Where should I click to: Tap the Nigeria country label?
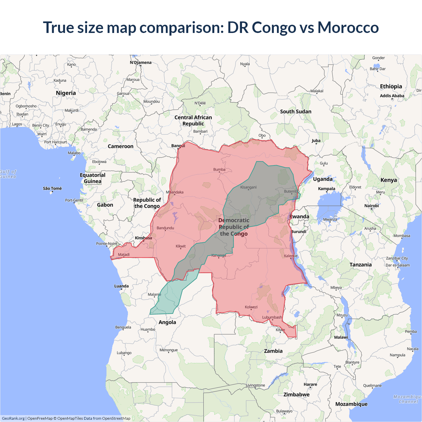coord(66,93)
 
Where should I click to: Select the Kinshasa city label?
coord(143,238)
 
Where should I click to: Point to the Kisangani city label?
coord(248,187)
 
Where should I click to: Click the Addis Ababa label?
coord(392,96)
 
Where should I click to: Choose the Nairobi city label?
coord(372,206)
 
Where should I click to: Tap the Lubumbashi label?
coord(272,317)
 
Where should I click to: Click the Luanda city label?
coord(121,286)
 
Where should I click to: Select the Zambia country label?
coord(273,351)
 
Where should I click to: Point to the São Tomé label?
coord(52,188)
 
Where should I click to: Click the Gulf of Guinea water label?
coord(8,174)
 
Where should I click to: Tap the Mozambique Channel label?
coord(407,399)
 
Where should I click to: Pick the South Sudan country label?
coord(296,111)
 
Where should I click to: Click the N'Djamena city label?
coord(141,62)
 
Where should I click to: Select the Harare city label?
coord(310,384)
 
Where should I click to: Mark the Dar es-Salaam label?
coord(398,265)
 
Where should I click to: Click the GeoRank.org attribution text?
coord(13,418)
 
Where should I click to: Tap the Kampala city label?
coord(326,189)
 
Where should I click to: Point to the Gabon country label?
coord(105,205)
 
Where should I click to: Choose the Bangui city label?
coord(178,146)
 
